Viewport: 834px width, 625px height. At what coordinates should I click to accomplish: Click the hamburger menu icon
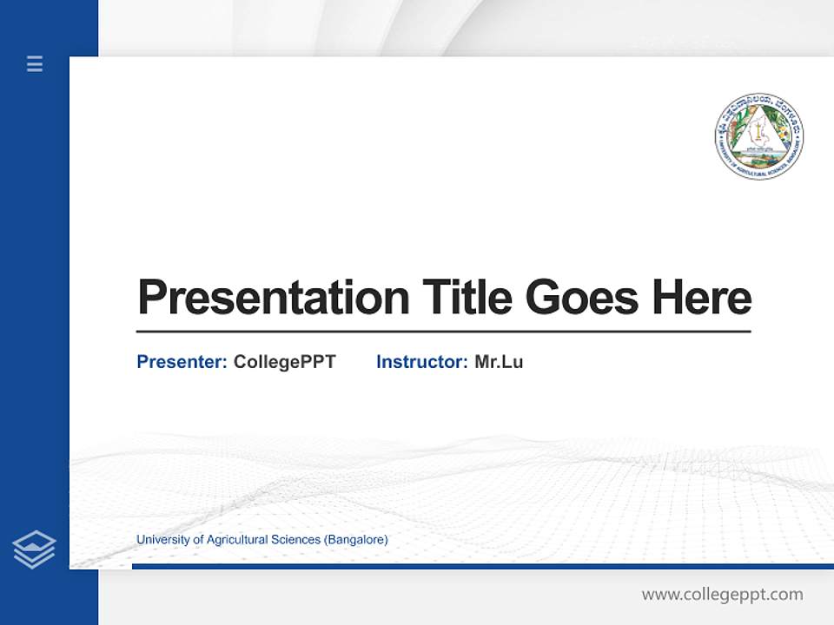click(35, 63)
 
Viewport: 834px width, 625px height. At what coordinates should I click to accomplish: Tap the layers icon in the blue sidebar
click(35, 549)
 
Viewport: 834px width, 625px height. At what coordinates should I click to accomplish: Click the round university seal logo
click(759, 136)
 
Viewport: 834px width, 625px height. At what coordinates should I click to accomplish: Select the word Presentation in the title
click(274, 298)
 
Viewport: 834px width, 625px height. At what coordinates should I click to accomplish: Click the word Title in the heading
click(467, 297)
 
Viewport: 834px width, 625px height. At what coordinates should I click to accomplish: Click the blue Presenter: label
click(182, 362)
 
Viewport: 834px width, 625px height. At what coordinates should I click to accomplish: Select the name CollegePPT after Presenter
click(284, 362)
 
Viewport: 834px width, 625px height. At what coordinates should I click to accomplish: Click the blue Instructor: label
click(421, 362)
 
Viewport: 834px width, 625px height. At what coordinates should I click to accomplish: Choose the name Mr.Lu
click(499, 362)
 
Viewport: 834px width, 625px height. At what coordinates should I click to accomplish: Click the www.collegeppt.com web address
click(722, 595)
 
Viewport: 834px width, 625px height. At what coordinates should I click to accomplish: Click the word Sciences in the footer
click(296, 540)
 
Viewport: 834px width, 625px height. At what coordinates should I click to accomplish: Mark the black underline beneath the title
click(443, 331)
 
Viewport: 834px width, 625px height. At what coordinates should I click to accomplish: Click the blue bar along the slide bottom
click(482, 566)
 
